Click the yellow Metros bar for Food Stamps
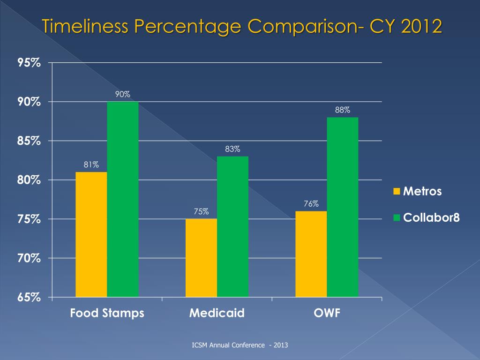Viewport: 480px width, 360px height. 91,234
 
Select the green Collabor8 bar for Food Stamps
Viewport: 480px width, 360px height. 123,199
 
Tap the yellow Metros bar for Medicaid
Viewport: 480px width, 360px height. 202,258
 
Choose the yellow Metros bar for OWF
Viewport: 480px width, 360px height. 311,254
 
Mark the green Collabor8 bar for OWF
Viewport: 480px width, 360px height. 343,207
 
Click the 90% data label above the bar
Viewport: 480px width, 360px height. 123,94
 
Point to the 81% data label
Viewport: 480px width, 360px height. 91,165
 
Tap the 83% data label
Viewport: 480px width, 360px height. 232,149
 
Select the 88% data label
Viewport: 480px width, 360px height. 343,110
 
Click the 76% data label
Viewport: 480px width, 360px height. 311,203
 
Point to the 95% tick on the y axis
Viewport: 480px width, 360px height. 29,63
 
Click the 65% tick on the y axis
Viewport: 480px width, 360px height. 29,298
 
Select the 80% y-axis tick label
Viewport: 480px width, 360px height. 29,180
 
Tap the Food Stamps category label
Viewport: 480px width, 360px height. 107,313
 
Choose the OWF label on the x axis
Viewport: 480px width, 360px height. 327,313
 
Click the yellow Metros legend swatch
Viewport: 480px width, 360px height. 397,191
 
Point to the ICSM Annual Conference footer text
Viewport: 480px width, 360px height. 240,345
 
